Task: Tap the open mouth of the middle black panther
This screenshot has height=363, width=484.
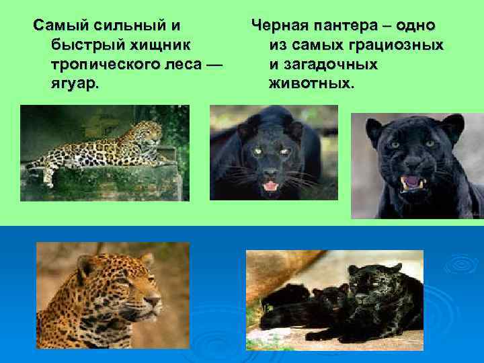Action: click(x=270, y=185)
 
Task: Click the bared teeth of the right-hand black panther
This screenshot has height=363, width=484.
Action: click(x=411, y=182)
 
